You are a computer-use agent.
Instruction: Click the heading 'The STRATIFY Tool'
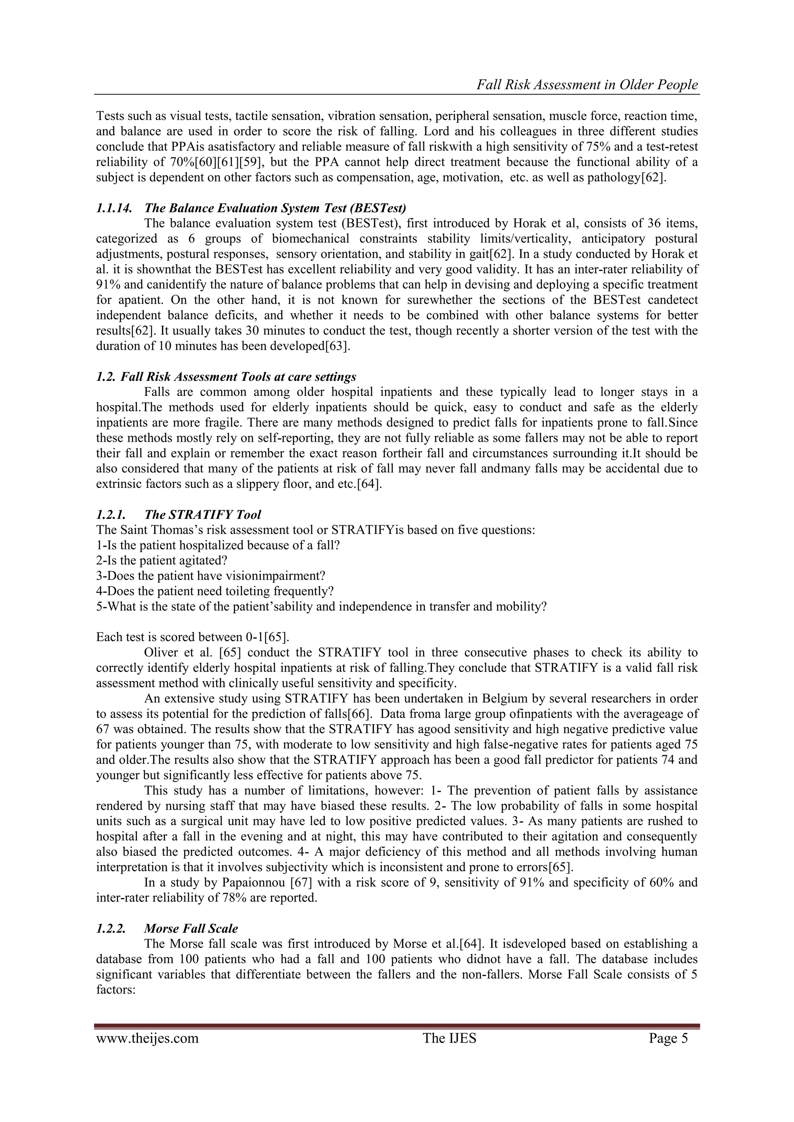tap(202, 515)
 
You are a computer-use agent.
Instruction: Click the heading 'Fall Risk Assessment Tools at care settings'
tap(238, 377)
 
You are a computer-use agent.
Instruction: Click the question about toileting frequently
tap(215, 591)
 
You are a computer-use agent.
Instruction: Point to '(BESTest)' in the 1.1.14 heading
tap(380, 208)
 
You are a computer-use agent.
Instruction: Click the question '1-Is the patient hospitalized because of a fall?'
tap(217, 546)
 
